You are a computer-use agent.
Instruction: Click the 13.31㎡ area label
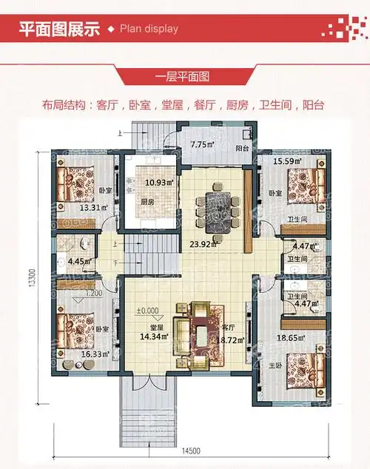coord(94,208)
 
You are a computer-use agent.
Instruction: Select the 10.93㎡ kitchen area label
coord(158,182)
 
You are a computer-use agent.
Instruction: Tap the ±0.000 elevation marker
coord(147,311)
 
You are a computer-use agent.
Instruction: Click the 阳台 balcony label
coord(242,149)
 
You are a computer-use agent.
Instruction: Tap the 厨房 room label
coord(147,201)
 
